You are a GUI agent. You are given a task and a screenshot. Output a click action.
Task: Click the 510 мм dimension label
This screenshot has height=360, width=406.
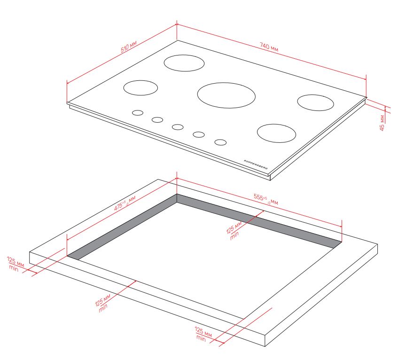129,47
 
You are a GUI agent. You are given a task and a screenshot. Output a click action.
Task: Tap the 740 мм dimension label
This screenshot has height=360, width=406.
269,47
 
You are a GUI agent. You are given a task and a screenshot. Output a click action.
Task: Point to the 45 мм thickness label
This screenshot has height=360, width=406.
382,123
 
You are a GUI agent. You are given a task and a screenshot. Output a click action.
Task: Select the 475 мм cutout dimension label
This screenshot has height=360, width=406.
125,203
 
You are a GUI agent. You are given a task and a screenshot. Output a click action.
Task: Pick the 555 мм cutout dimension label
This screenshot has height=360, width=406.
265,199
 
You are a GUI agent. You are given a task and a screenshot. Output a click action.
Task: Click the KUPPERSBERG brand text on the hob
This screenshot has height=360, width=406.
256,164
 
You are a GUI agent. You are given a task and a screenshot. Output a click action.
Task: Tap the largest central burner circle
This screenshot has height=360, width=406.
226,95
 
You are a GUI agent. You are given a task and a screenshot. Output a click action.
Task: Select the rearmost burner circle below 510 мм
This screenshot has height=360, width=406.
184,63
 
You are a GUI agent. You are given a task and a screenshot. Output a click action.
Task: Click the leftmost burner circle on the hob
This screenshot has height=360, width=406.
141,88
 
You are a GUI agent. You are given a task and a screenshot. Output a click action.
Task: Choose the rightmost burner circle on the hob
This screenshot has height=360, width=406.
315,102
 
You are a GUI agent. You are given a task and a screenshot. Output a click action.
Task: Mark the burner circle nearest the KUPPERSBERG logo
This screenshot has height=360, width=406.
276,133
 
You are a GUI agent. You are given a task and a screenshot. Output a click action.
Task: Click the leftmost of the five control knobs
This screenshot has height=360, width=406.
138,113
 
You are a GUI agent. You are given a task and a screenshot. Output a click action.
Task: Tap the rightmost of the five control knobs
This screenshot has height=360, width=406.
220,142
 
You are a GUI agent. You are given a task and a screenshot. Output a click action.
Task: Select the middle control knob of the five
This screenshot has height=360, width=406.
178,127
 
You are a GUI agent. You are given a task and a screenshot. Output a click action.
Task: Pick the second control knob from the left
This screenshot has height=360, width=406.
157,120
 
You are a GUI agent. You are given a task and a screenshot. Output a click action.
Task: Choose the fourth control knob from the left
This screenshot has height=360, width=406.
199,134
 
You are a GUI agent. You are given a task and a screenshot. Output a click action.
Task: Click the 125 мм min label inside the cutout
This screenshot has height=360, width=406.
234,230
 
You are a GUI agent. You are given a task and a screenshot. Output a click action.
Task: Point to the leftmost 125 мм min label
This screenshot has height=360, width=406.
16,264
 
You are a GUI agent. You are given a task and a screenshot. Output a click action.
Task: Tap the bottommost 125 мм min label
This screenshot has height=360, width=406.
203,334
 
